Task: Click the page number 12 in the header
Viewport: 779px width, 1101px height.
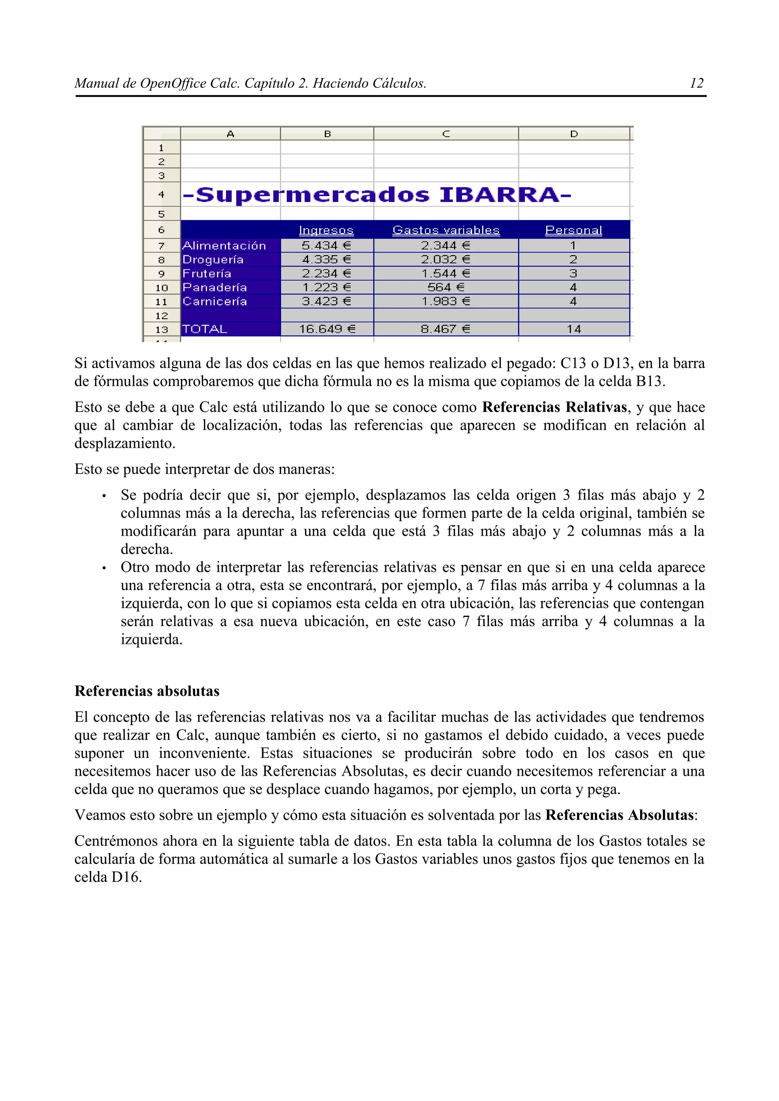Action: [696, 84]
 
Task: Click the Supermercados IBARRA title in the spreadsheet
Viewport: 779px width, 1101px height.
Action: [377, 195]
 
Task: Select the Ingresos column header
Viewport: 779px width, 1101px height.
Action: [326, 230]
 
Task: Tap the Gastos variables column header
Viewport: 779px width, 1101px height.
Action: [446, 230]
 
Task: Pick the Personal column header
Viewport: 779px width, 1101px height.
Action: [574, 230]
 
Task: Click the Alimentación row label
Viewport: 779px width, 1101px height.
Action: [224, 245]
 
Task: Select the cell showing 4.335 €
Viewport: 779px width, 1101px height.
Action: [326, 259]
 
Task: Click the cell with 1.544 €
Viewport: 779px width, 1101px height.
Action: [446, 273]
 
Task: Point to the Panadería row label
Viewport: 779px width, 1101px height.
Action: [215, 287]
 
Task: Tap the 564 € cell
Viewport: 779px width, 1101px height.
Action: [446, 287]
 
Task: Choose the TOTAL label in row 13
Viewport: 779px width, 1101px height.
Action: [205, 329]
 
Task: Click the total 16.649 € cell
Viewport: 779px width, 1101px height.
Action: [327, 329]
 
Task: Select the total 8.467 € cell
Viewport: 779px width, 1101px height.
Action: [446, 329]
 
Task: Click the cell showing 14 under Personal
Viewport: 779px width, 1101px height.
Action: [574, 329]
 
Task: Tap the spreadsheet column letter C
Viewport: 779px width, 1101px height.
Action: [446, 134]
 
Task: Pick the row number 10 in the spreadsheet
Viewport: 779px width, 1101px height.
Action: [161, 288]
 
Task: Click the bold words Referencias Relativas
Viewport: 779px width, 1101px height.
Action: [554, 407]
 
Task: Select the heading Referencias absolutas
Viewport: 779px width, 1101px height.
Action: [147, 691]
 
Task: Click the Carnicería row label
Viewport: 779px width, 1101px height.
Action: [215, 301]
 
